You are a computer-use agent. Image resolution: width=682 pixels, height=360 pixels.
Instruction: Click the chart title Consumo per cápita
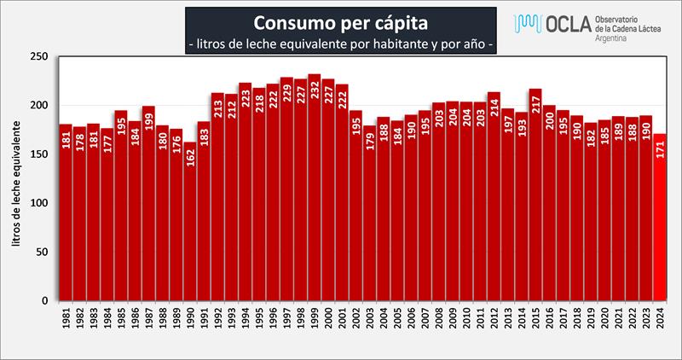pos(341,19)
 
